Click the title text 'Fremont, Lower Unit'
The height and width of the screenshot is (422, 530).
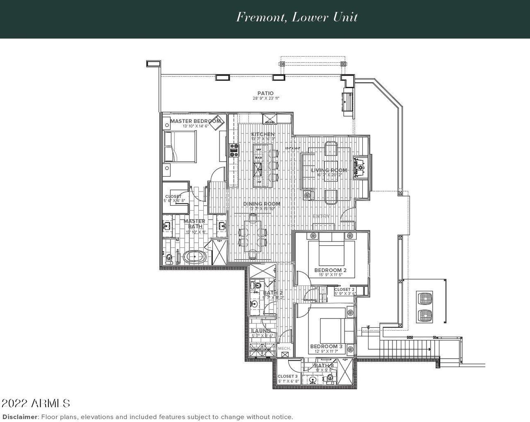297,17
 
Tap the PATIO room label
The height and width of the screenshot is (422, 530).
265,94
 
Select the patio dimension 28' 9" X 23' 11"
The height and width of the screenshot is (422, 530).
266,98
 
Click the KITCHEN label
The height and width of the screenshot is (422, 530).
263,134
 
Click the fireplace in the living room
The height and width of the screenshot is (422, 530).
360,168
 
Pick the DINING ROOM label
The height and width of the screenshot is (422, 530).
262,204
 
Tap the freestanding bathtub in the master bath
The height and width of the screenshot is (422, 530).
195,257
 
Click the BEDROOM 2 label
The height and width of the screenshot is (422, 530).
330,270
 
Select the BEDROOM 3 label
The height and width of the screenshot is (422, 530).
326,346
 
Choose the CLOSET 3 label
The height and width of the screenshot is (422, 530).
288,376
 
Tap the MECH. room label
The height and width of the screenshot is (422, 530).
284,349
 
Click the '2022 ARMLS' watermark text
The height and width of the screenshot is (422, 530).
36,403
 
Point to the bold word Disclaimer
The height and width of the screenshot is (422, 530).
20,417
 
